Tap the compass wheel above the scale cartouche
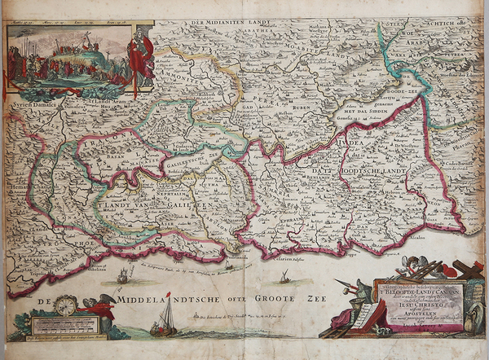[66, 306]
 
